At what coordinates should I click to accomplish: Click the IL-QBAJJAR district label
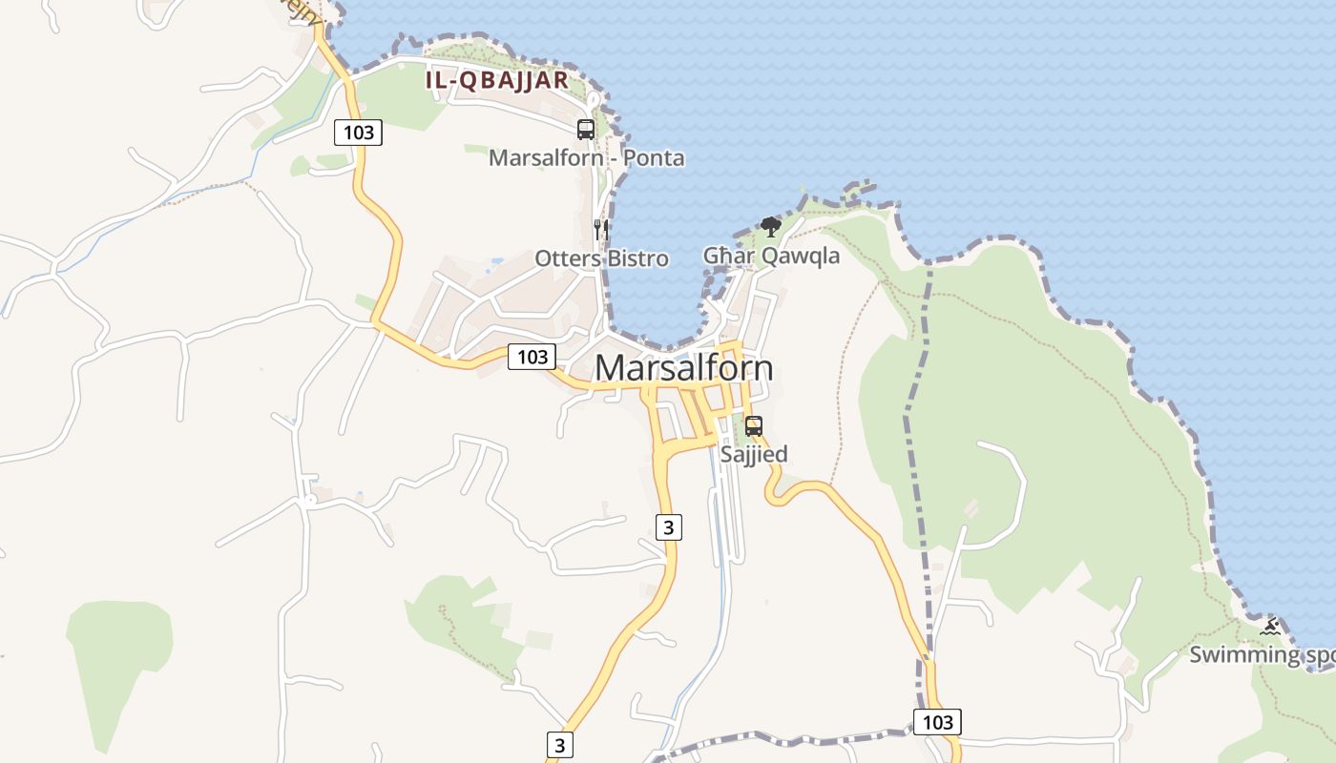tap(496, 80)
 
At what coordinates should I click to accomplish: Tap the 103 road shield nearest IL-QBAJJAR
tap(358, 133)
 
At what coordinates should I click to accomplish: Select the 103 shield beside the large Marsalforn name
tap(532, 357)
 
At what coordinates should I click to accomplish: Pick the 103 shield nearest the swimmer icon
tap(937, 722)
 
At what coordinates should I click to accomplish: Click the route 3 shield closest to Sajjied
tap(670, 526)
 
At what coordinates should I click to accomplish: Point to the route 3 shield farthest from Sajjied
tap(560, 745)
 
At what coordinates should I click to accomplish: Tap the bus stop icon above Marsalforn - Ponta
tap(586, 130)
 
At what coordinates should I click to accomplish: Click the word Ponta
tap(654, 157)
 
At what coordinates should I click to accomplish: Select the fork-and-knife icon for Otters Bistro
tap(601, 229)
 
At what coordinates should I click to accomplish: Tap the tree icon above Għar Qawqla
tap(771, 227)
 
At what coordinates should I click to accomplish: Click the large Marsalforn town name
tap(683, 368)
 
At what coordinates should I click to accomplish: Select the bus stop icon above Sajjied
tap(754, 426)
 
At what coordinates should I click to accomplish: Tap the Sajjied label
tap(754, 454)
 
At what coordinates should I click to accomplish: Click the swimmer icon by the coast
tap(1270, 627)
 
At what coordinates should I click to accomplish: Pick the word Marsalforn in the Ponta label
tap(546, 157)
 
